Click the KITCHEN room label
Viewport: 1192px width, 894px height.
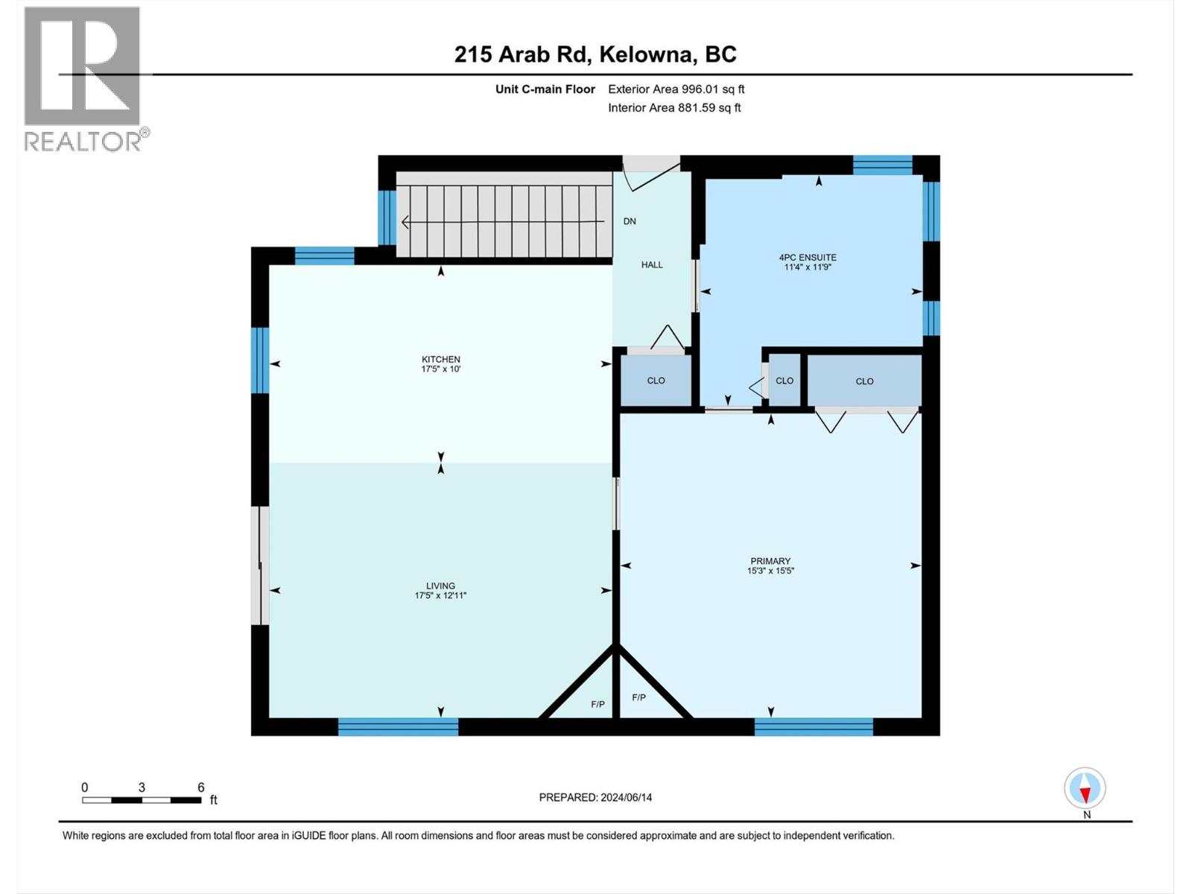[440, 359]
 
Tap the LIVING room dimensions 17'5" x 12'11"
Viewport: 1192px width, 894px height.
[440, 595]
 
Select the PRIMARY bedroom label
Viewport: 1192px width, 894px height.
[770, 561]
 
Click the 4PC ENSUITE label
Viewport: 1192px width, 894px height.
[808, 257]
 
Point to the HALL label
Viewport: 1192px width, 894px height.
[652, 264]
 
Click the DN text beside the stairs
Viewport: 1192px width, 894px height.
[630, 221]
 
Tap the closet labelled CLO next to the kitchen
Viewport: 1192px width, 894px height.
[656, 381]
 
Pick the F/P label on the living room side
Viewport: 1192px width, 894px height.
[597, 704]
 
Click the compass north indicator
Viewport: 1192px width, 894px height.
[1085, 789]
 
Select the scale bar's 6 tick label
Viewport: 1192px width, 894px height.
[201, 787]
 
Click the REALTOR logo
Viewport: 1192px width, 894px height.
[83, 78]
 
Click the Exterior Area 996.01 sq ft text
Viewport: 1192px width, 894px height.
[676, 89]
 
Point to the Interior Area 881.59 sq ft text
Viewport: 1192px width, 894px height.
[674, 108]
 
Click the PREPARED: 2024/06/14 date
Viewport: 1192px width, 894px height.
[595, 797]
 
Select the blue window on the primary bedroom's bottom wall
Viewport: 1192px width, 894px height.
[814, 726]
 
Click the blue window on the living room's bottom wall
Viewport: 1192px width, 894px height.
[398, 726]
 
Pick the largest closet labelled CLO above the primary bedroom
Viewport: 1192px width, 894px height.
[864, 381]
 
